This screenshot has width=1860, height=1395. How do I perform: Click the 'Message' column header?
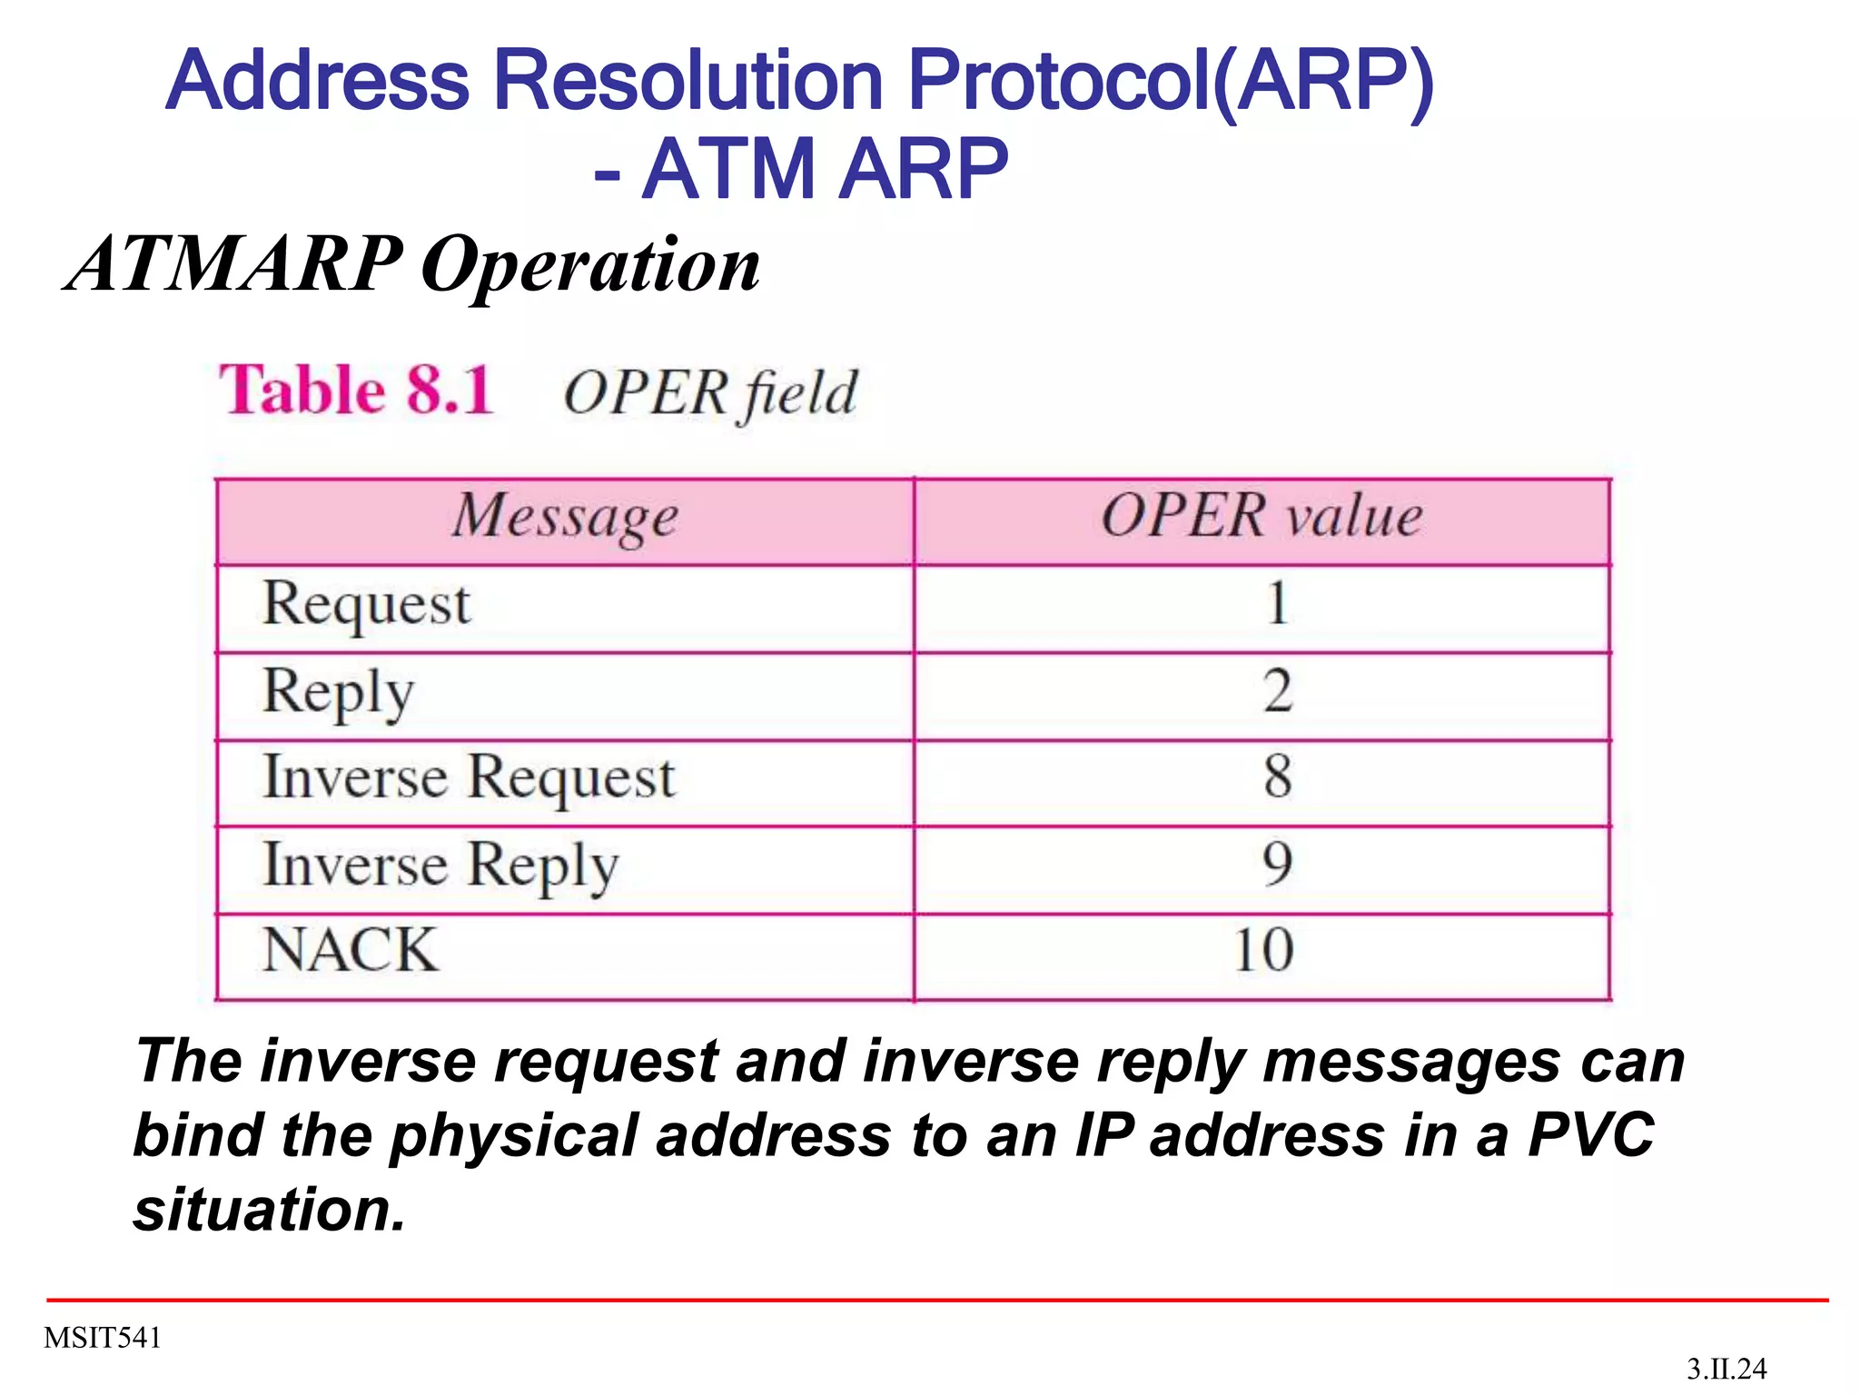[x=565, y=518]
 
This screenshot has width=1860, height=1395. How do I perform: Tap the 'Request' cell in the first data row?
[x=366, y=605]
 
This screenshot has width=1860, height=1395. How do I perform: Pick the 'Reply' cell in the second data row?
[x=338, y=693]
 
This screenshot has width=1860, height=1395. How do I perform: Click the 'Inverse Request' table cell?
[x=469, y=779]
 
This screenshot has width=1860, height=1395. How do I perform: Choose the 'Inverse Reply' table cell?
[x=440, y=866]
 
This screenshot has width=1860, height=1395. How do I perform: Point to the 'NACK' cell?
[x=350, y=951]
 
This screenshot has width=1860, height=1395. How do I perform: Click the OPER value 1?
[x=1277, y=604]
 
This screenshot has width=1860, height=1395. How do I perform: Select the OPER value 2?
[x=1277, y=691]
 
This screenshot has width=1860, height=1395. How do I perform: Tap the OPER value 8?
[x=1277, y=777]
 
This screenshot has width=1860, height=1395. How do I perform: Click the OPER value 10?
[x=1263, y=951]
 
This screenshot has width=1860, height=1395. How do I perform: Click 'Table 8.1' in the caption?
[x=357, y=391]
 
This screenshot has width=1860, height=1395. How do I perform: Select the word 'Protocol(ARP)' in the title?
[x=1171, y=82]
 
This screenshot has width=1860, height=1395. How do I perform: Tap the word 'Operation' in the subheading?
[x=590, y=265]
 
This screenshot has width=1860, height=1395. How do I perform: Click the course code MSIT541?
[x=103, y=1338]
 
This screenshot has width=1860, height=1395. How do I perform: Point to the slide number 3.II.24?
[x=1726, y=1369]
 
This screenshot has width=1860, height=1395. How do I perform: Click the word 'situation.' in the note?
[x=269, y=1211]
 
